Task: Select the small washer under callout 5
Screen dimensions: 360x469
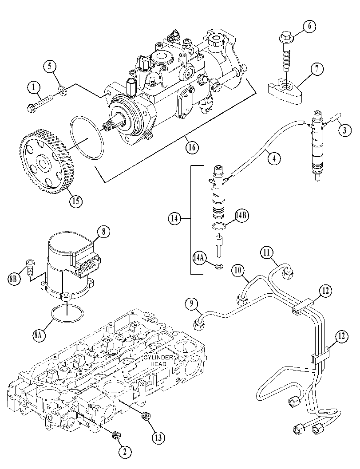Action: (x=62, y=91)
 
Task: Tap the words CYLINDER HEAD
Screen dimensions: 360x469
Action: (x=158, y=361)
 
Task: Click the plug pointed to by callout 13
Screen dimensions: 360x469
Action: (x=146, y=415)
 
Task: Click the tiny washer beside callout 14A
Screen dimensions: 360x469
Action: (x=218, y=265)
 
